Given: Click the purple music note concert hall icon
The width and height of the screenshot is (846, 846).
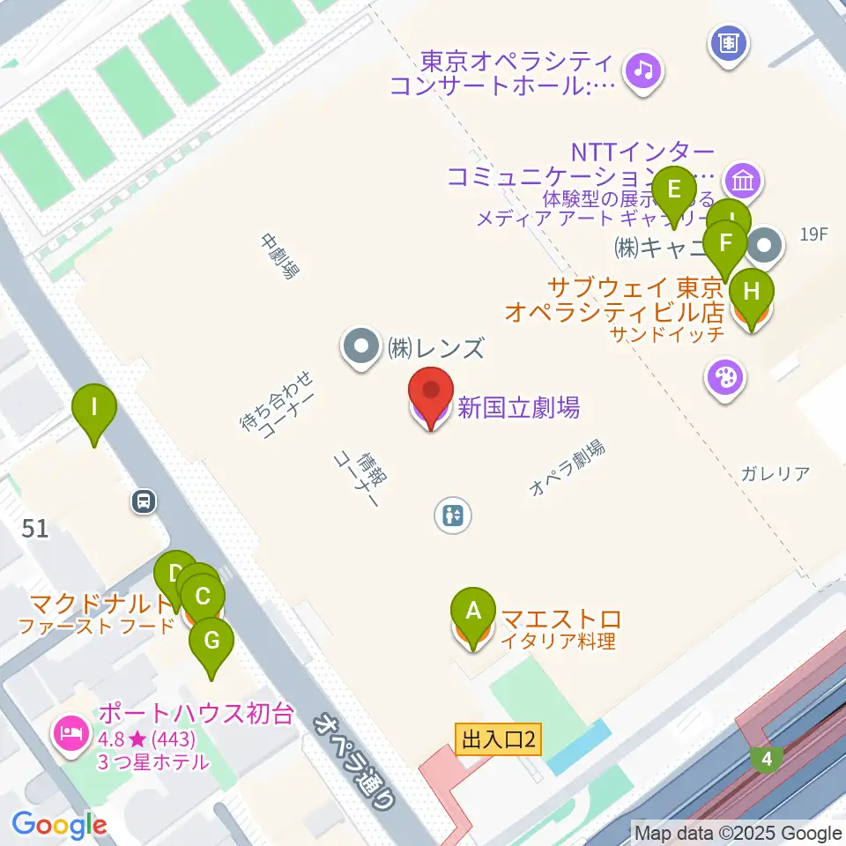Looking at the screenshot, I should click(643, 69).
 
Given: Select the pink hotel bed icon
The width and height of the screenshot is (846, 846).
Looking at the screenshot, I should click(71, 731).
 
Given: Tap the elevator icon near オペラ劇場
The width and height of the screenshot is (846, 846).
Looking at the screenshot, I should click(454, 515).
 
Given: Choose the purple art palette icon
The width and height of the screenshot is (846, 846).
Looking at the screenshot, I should click(725, 380).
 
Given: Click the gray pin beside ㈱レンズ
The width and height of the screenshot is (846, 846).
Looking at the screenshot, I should click(360, 347).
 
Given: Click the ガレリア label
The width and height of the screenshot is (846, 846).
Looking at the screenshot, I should click(775, 474).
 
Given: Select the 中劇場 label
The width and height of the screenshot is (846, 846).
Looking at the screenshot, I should click(276, 256).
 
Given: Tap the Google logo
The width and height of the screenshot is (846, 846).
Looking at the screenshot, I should click(60, 825).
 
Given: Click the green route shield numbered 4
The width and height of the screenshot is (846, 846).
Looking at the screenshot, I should click(767, 758).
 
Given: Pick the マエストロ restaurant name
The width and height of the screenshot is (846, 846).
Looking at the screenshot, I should click(561, 620).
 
